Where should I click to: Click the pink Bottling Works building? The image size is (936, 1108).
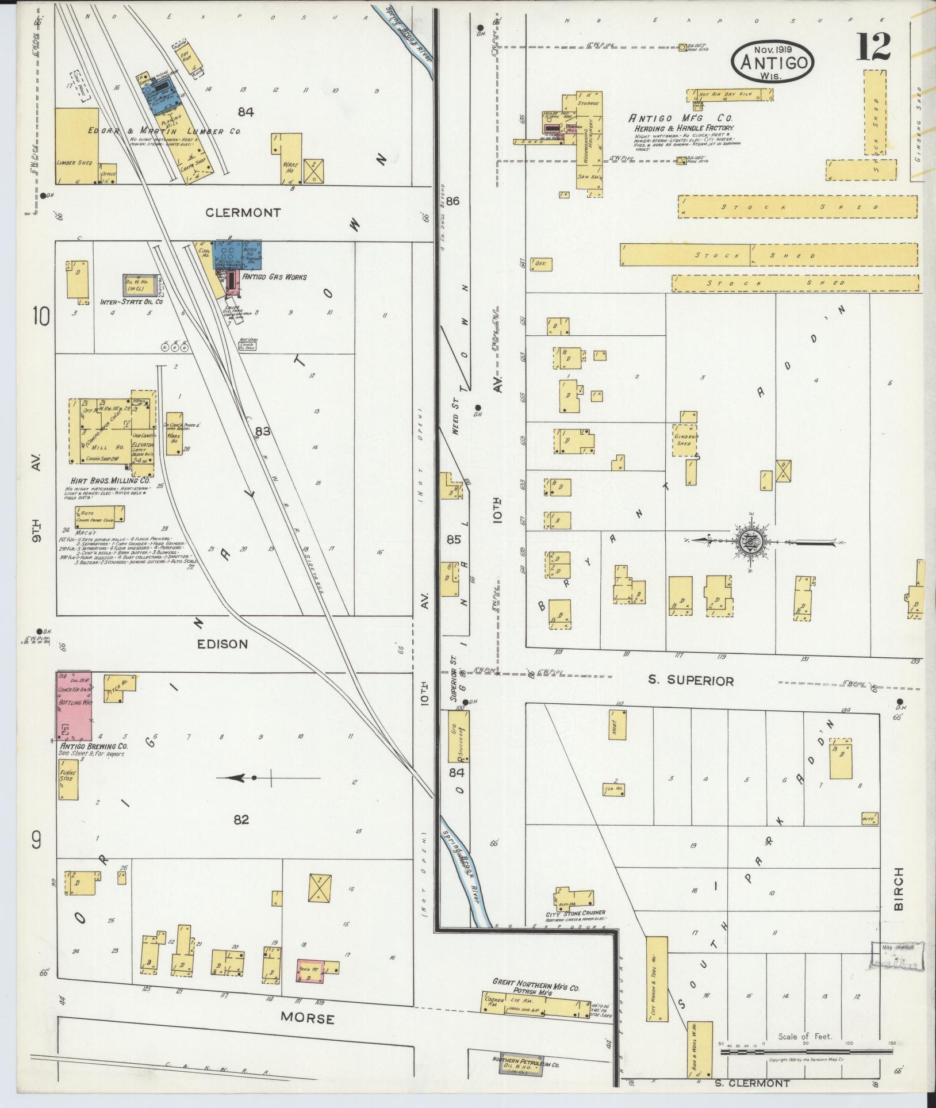point(73,706)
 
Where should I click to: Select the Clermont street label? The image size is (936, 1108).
point(244,213)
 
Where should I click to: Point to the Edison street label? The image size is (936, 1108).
point(223,644)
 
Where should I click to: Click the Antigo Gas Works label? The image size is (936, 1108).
point(275,277)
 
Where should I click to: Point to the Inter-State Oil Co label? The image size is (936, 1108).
point(132,301)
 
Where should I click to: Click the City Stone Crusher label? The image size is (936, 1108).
point(577,913)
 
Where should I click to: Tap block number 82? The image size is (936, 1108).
point(241,819)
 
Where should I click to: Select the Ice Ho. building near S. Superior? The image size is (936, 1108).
point(614,789)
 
